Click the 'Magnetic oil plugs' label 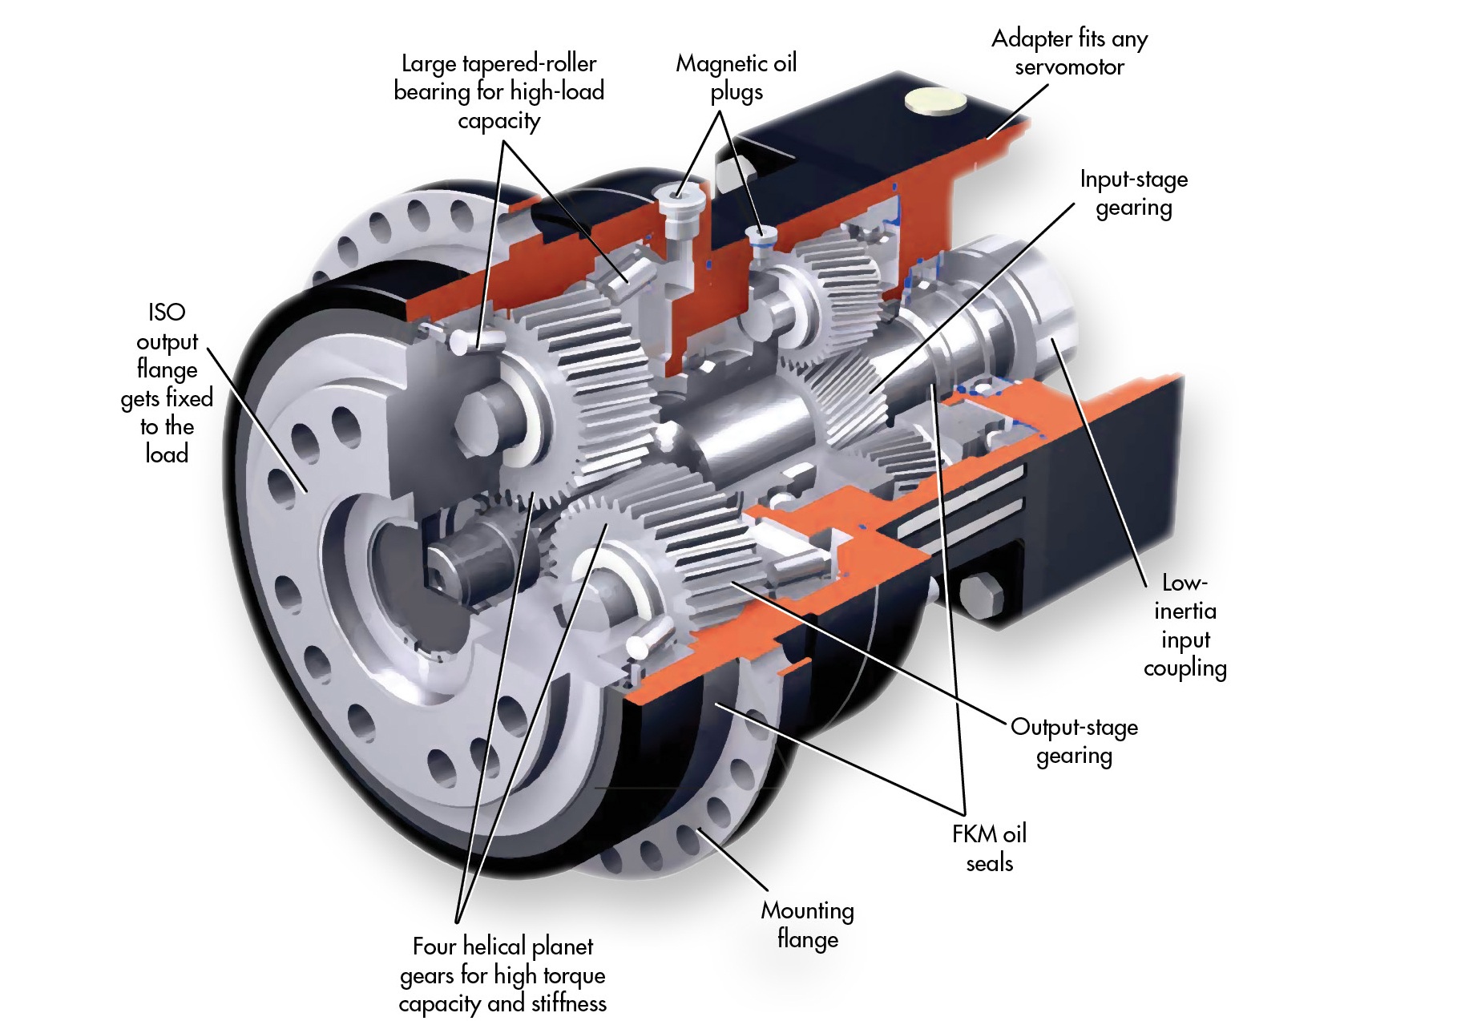[x=736, y=78]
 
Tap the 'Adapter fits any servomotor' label [x=1069, y=53]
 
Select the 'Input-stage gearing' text [x=1133, y=193]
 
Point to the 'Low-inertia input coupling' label [x=1185, y=625]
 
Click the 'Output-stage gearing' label [x=1074, y=741]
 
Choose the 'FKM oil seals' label [x=989, y=848]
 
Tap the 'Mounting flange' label [x=807, y=924]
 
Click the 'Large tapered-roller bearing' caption [x=498, y=91]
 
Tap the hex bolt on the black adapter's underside [x=981, y=594]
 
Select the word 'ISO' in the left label [x=167, y=312]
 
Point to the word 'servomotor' [x=1069, y=67]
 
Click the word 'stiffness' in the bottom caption [x=568, y=1003]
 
